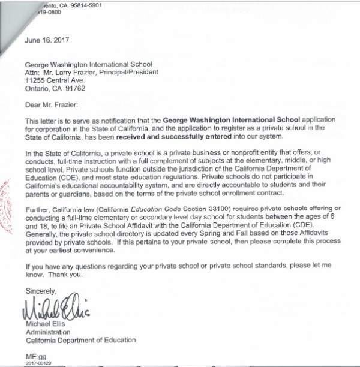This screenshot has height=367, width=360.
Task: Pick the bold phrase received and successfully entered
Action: click(157, 135)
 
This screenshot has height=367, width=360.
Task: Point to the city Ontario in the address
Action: click(38, 88)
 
